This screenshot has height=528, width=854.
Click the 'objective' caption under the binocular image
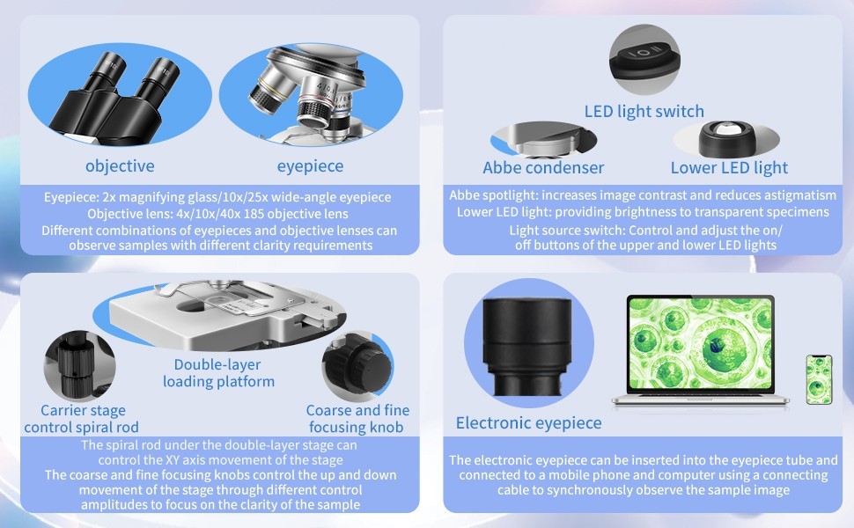pyautogui.click(x=120, y=165)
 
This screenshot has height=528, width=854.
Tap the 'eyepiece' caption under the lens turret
pyautogui.click(x=310, y=165)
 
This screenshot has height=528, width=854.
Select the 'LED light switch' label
pyautogui.click(x=644, y=111)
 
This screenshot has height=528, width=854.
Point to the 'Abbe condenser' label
pyautogui.click(x=543, y=167)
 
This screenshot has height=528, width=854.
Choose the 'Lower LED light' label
pyautogui.click(x=729, y=167)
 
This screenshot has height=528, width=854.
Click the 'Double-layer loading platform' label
pyautogui.click(x=218, y=372)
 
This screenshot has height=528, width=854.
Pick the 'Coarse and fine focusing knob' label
pyautogui.click(x=357, y=419)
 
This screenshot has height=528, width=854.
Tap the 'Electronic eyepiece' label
pyautogui.click(x=528, y=423)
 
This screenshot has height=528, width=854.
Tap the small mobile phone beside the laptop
pyautogui.click(x=818, y=379)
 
